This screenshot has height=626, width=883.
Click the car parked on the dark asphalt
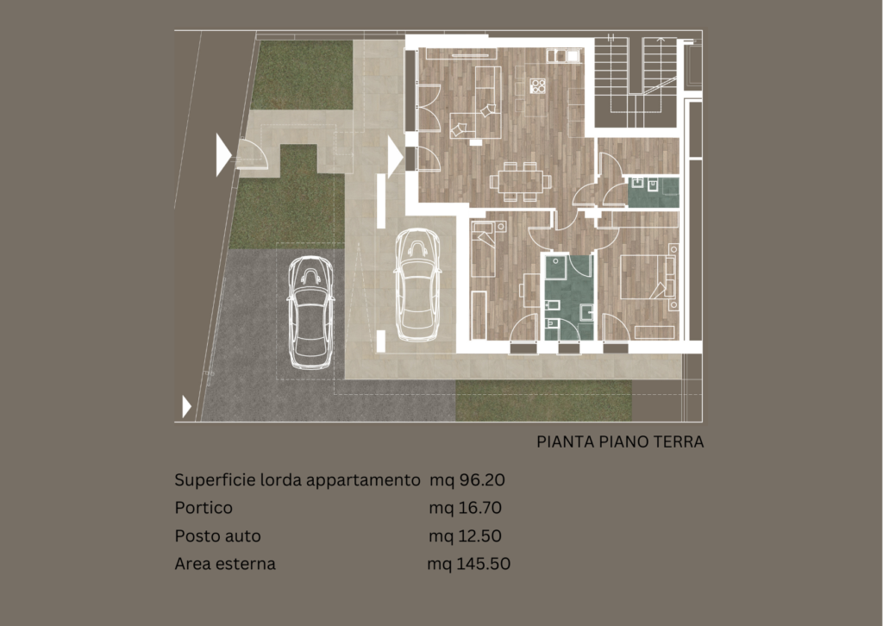pyautogui.click(x=310, y=312)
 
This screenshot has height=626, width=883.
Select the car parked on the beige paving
pyautogui.click(x=417, y=285)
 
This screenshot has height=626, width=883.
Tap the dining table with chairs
pyautogui.click(x=520, y=181)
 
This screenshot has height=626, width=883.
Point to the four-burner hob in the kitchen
pyautogui.click(x=538, y=86)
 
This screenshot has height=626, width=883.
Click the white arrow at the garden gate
pyautogui.click(x=223, y=155)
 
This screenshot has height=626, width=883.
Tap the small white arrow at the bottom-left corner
pyautogui.click(x=186, y=406)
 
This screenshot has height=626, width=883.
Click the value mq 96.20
pyautogui.click(x=467, y=480)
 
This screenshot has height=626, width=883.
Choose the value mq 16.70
pyautogui.click(x=465, y=508)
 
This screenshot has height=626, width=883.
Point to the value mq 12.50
pyautogui.click(x=465, y=536)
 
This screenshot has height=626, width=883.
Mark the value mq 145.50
pyautogui.click(x=468, y=564)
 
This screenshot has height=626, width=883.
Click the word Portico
pyautogui.click(x=204, y=508)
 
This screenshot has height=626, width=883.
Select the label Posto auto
pyautogui.click(x=217, y=536)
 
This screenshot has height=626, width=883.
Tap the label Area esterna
pyautogui.click(x=225, y=564)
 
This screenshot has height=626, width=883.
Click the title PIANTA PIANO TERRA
pyautogui.click(x=620, y=442)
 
